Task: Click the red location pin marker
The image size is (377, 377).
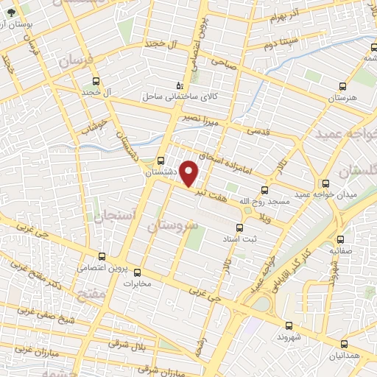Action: [190, 173]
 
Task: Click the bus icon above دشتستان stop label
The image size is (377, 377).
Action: [161, 160]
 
